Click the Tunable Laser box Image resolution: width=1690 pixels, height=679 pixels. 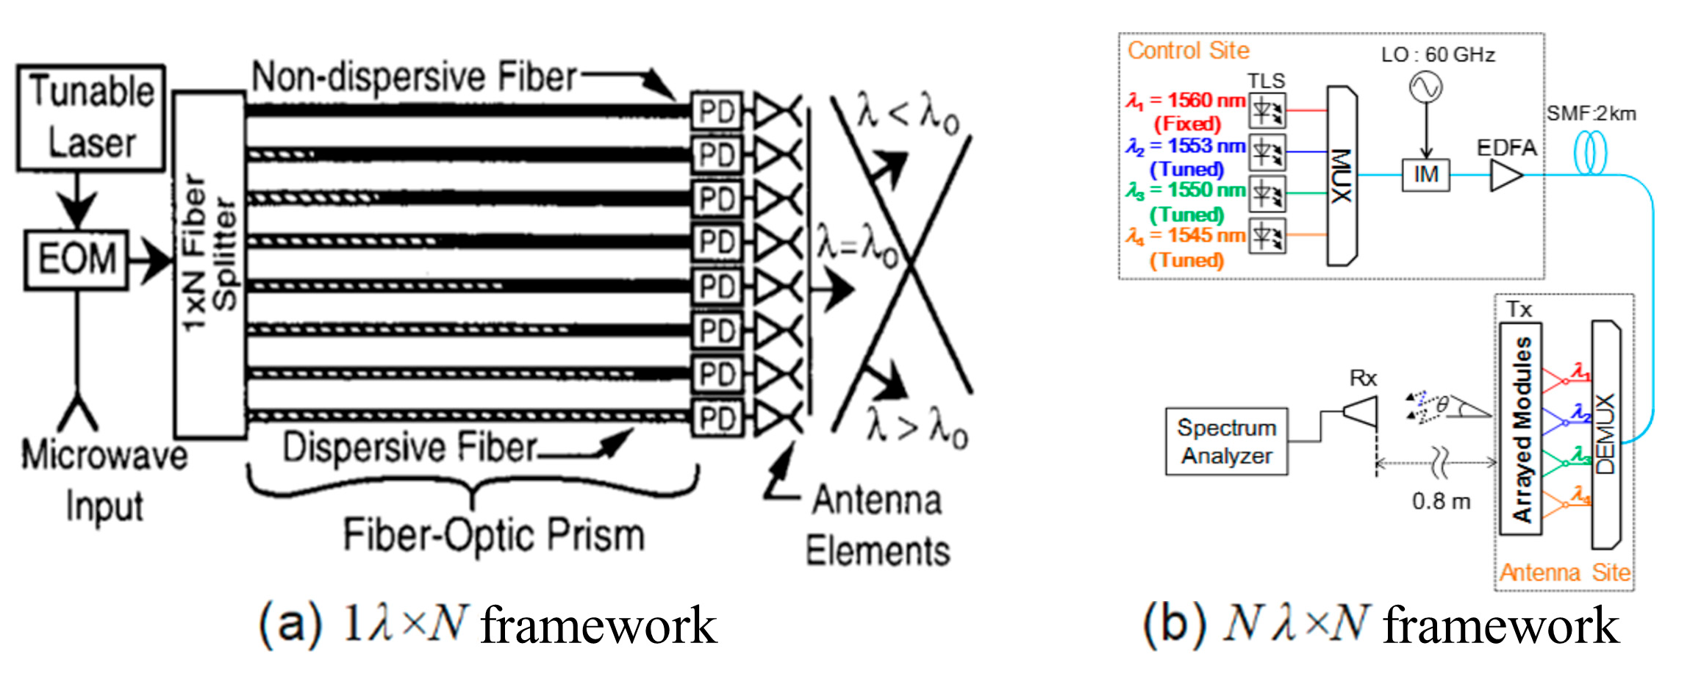91,118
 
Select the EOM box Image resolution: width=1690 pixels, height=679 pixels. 76,259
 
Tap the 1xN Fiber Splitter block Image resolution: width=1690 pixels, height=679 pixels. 210,265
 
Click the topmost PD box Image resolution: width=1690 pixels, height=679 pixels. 717,112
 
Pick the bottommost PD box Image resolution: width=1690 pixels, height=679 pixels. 717,418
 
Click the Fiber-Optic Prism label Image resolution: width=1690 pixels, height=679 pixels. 493,536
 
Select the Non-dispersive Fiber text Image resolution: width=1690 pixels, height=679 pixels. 414,77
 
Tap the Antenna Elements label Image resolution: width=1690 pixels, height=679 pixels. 877,525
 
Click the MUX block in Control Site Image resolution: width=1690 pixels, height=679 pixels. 1342,176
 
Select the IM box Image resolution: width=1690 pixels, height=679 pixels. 1425,175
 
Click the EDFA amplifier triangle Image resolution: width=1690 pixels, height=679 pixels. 1505,176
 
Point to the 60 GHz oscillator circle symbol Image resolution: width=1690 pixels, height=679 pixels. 1425,87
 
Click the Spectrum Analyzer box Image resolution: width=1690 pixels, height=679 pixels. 1226,442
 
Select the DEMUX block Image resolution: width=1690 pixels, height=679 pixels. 1605,434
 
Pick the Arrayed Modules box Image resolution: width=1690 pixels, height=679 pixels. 1520,429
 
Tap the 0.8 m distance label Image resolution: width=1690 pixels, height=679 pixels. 1441,502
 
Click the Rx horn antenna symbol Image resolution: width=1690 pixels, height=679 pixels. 1361,412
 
